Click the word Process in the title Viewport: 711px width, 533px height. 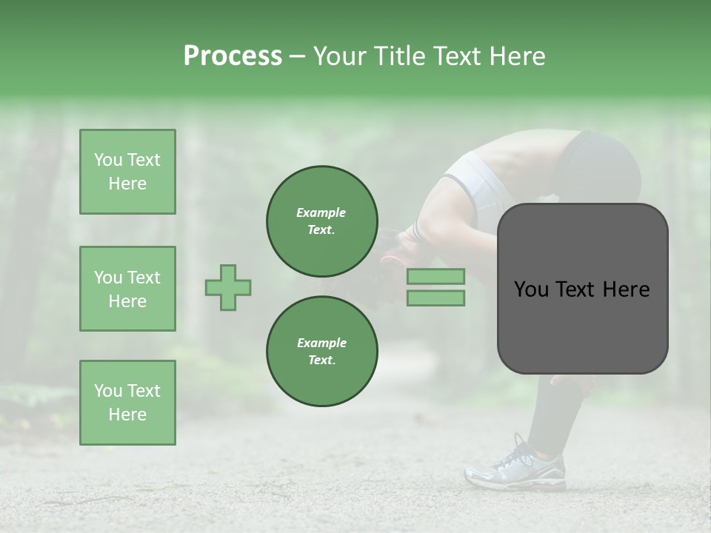click(x=233, y=56)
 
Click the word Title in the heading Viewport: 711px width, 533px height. click(x=398, y=56)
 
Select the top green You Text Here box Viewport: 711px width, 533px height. click(x=127, y=172)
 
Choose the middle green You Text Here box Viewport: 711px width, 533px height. click(x=127, y=289)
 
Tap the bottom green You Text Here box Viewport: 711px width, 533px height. click(x=127, y=403)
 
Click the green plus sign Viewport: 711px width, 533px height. click(x=227, y=287)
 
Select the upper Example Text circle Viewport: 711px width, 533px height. click(x=321, y=221)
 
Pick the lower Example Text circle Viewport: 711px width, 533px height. click(x=321, y=351)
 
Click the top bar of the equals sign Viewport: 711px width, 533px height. click(x=435, y=277)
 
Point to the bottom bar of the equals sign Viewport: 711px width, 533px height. click(x=435, y=298)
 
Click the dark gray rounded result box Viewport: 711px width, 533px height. click(x=582, y=289)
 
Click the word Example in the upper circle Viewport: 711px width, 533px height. click(x=321, y=212)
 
